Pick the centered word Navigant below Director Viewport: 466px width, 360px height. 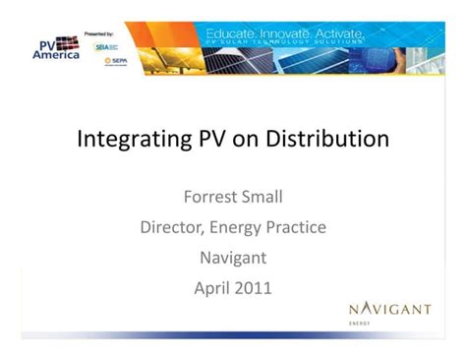(x=233, y=259)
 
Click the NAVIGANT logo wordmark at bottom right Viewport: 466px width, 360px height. (x=389, y=309)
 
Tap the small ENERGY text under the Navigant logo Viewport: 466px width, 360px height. (x=360, y=323)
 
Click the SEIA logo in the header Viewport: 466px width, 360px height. (x=104, y=46)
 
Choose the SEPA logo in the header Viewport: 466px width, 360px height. (x=116, y=61)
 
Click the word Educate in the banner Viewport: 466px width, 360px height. (x=231, y=35)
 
